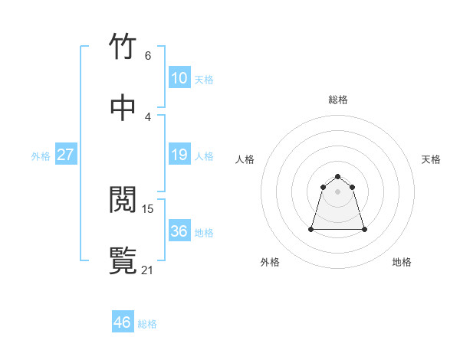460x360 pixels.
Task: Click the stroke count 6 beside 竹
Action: click(x=148, y=56)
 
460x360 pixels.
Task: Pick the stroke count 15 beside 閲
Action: click(x=148, y=208)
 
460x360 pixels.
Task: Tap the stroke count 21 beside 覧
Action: click(x=148, y=270)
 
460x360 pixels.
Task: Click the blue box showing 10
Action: click(x=179, y=78)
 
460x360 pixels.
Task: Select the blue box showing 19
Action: click(x=179, y=155)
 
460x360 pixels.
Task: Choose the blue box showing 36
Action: click(x=179, y=231)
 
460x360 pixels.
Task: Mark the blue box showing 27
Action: click(x=66, y=155)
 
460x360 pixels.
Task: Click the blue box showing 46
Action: click(x=123, y=322)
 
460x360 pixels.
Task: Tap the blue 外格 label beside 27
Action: click(x=41, y=156)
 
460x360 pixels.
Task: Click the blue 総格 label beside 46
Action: click(x=147, y=324)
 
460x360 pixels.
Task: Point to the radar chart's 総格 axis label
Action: click(x=338, y=100)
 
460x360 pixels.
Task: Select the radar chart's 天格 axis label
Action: click(x=432, y=159)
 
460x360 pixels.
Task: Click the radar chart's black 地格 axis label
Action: click(x=402, y=262)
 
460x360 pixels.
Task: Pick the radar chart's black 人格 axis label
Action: click(x=245, y=159)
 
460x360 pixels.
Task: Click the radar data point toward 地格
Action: click(x=364, y=229)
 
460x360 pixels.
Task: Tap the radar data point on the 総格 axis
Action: click(x=338, y=175)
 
